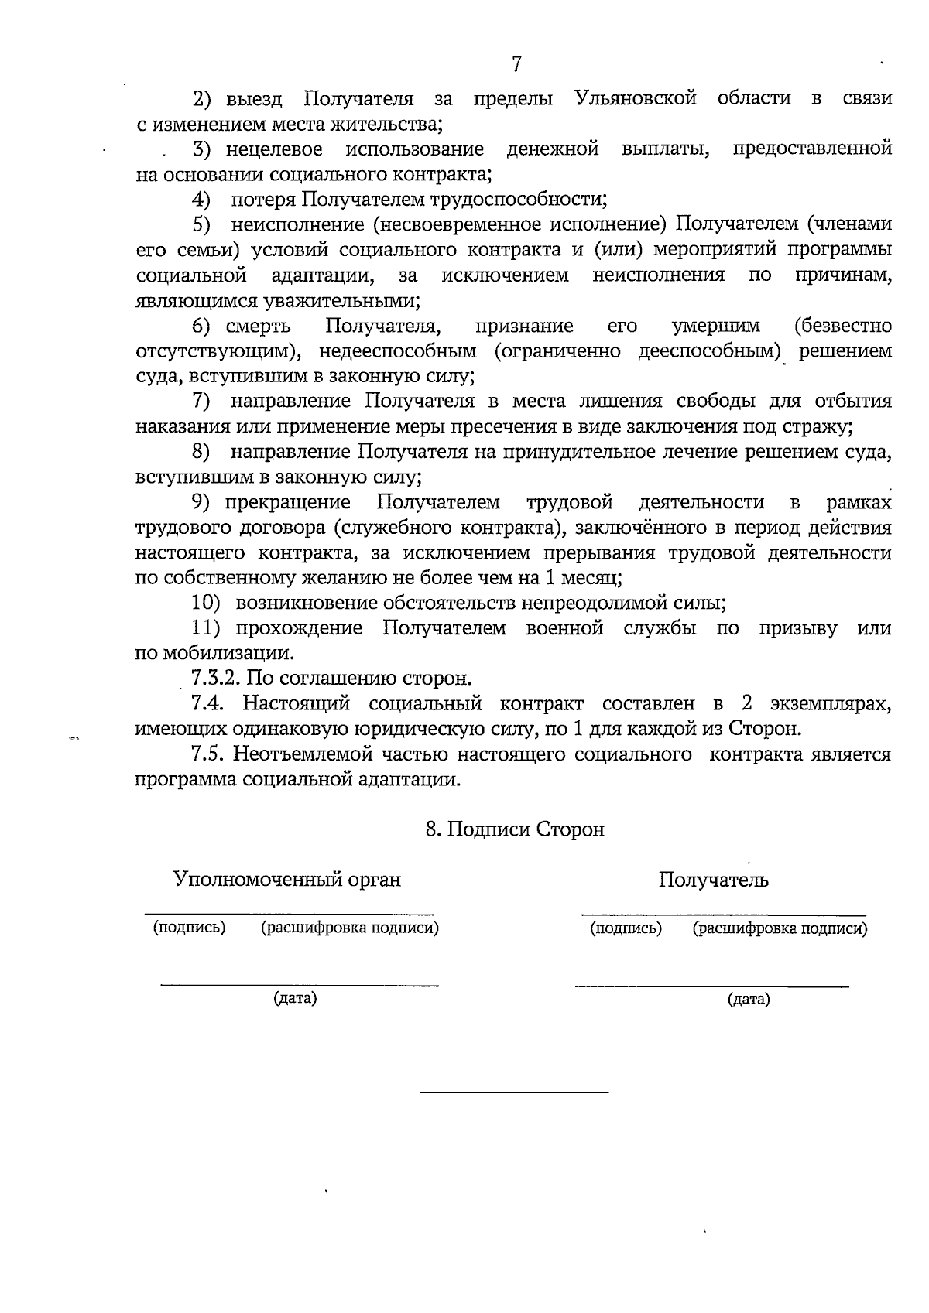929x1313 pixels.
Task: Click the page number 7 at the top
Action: (517, 63)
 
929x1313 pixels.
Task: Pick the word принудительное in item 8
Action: (574, 452)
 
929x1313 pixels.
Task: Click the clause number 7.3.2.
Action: (218, 679)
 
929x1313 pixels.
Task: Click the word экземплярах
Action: (830, 703)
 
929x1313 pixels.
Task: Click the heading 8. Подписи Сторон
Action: (515, 829)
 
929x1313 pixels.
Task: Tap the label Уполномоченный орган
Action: (287, 880)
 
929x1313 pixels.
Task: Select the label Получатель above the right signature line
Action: (713, 880)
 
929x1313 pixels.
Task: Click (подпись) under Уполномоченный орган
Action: (189, 927)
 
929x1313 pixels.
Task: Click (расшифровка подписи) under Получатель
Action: (780, 928)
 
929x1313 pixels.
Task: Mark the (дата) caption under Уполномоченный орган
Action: (295, 998)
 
